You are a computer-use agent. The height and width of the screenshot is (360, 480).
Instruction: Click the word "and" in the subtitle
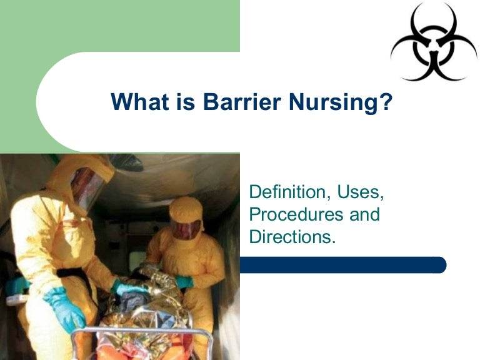coord(363,214)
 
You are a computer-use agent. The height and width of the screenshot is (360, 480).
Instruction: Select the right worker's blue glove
coord(184,282)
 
